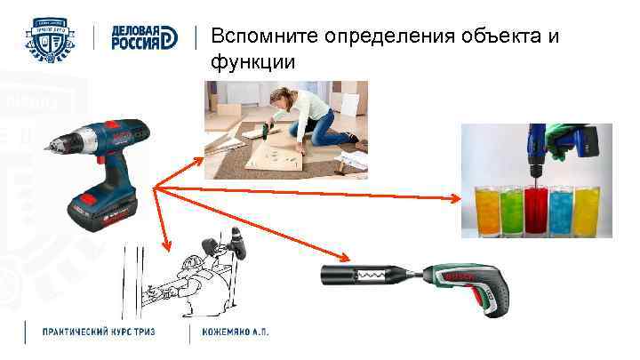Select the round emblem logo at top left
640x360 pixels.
53,38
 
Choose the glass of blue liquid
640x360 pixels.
562,210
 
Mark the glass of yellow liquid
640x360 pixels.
587,210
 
